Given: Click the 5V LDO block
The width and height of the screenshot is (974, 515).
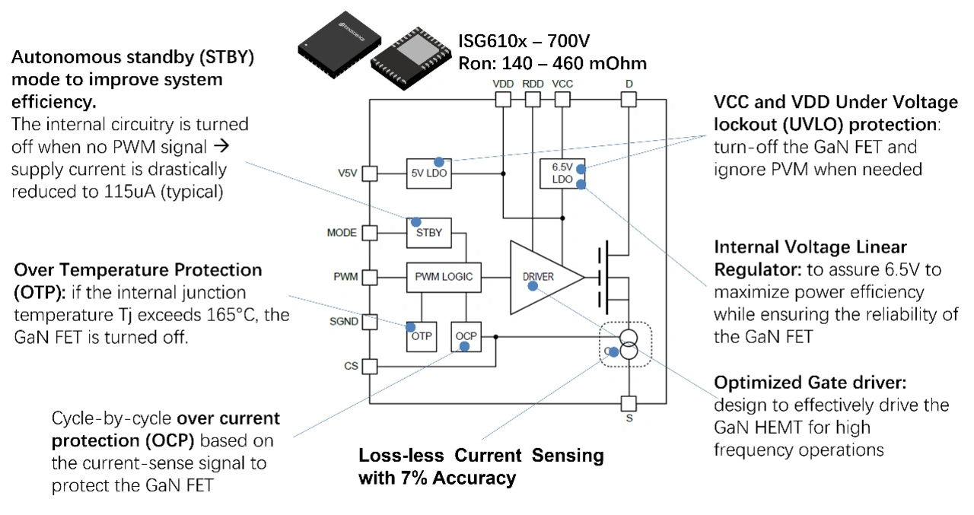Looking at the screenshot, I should (430, 173).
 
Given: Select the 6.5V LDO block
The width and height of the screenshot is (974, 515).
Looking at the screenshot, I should (561, 174).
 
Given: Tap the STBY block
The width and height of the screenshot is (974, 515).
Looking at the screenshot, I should (429, 232).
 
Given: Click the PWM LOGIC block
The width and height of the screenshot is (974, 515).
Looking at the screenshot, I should (444, 276).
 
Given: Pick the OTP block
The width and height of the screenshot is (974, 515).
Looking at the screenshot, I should (421, 335).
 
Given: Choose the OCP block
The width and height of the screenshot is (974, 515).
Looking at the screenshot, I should (466, 335).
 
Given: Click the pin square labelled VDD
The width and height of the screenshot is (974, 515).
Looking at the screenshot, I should (502, 99).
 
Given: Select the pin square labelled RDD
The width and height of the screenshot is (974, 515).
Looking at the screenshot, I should (533, 99).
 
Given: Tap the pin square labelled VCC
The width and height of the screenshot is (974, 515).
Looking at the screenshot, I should (562, 99).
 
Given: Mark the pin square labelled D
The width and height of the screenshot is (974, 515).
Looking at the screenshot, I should (629, 99).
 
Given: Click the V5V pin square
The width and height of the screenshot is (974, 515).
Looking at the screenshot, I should (369, 173).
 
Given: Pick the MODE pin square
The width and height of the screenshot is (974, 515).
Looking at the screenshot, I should (369, 232).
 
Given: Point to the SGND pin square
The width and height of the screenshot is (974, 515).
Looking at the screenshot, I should (369, 322).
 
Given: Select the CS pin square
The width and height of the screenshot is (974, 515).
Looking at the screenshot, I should (369, 366).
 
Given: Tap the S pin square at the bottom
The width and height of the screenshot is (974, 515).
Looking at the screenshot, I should (629, 403).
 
